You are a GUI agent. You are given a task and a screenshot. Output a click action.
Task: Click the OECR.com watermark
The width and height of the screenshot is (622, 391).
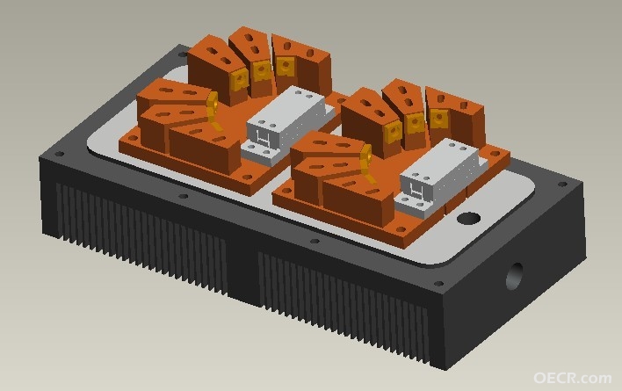572,378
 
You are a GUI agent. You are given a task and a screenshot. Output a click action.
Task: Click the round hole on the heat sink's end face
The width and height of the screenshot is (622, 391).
515,276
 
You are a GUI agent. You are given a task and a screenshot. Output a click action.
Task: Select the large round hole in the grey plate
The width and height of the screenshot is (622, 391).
468,219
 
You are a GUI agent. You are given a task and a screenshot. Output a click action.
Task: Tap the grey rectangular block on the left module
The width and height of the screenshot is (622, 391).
285,124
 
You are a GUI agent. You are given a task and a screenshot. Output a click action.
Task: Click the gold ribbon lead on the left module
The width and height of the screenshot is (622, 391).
213,111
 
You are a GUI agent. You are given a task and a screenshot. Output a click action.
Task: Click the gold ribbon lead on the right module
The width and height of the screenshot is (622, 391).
368,163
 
